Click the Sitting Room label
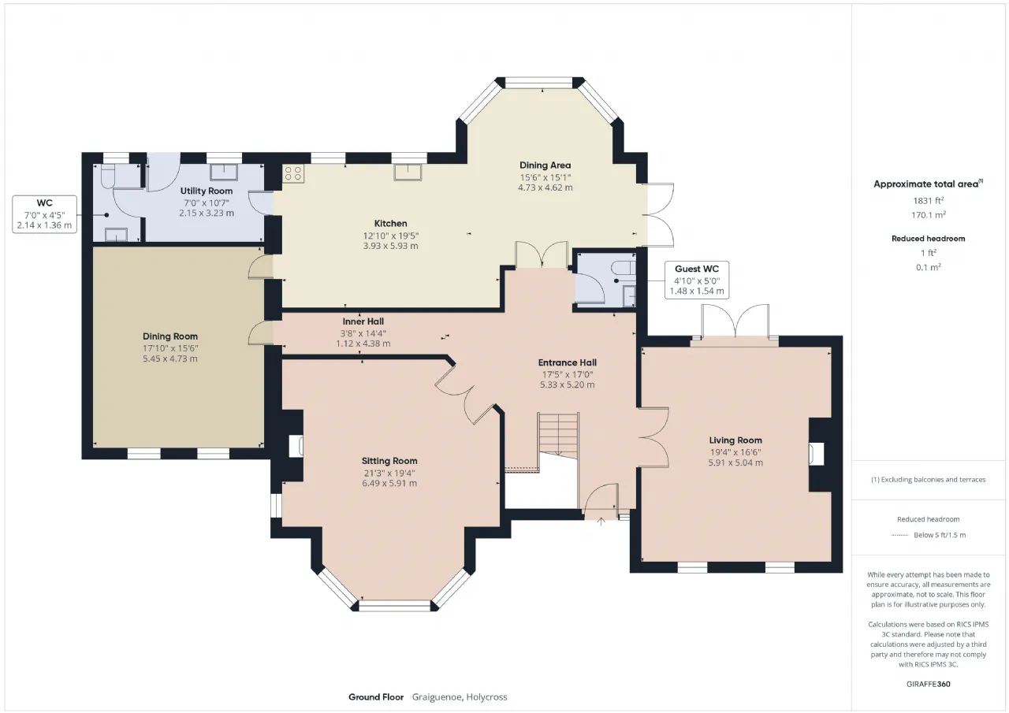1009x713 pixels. pos(389,461)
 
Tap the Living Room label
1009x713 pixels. pos(735,440)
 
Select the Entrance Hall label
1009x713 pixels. pos(567,362)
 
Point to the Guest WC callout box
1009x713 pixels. pos(697,280)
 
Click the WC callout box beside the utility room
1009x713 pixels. pos(45,214)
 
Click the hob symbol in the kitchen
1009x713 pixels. pos(293,173)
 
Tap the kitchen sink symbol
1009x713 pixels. pos(408,173)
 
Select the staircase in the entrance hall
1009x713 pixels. pos(559,436)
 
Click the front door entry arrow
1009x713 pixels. pos(601,522)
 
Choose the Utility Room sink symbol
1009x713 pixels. pos(224,172)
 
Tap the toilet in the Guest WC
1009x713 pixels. pos(624,267)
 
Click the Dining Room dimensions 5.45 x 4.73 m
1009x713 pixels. pos(169,358)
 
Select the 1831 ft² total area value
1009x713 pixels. pos(928,201)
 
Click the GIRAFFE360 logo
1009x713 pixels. pos(929,684)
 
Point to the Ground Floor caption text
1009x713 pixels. pos(376,697)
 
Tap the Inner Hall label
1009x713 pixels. pos(363,321)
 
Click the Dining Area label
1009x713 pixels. pos(545,165)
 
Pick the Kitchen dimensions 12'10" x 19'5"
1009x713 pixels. pos(390,236)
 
